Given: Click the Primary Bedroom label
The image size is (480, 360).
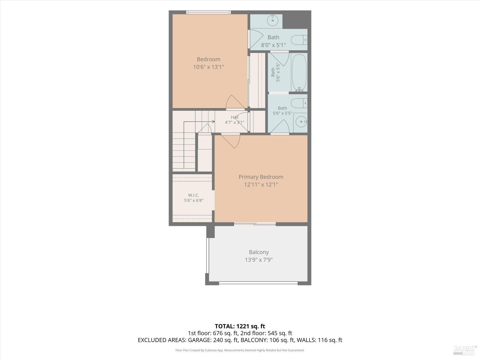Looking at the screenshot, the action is [261, 177].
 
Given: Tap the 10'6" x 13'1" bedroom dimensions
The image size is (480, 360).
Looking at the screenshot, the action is [208, 67].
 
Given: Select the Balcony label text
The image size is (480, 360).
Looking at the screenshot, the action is [259, 252].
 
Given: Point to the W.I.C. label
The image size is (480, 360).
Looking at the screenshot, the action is [194, 195].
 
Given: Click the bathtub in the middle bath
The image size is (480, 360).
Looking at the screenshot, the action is [299, 73].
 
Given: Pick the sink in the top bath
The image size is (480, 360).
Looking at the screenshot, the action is [273, 20].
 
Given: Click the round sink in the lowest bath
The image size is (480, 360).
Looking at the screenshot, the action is [301, 122].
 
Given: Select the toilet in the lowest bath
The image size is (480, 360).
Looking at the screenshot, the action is [299, 103].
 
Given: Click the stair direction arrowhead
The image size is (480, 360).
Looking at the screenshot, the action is [213, 122].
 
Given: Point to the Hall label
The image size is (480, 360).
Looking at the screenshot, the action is [235, 117].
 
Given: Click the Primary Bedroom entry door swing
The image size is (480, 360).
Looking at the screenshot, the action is [230, 141].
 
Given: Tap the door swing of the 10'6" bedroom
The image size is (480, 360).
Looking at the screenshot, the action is [235, 102].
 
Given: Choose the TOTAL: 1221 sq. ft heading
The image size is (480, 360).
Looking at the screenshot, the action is [240, 326].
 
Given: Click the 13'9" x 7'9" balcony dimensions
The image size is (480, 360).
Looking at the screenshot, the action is [259, 260].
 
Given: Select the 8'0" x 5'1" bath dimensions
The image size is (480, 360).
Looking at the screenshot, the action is [273, 45].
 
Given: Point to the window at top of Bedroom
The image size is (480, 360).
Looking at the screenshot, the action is [208, 12].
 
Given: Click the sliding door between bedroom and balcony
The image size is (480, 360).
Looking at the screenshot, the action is [255, 224].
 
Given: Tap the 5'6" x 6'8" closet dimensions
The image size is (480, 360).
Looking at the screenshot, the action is [194, 200].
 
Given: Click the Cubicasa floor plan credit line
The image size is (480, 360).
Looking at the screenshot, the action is [240, 350].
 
